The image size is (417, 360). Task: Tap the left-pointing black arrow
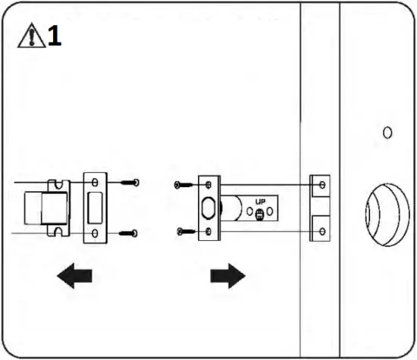pyautogui.click(x=74, y=277)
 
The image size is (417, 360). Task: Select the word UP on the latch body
pyautogui.click(x=260, y=203)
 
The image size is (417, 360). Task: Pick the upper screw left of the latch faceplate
pyautogui.click(x=182, y=184)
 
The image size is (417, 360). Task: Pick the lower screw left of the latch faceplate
pyautogui.click(x=182, y=230)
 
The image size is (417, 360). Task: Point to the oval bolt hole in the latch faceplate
pyautogui.click(x=208, y=207)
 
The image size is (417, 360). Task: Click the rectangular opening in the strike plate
pyautogui.click(x=96, y=206)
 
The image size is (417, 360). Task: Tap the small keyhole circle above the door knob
pyautogui.click(x=387, y=133)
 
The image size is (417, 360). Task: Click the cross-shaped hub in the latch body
pyautogui.click(x=260, y=215)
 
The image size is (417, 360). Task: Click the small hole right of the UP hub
pyautogui.click(x=274, y=212)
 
